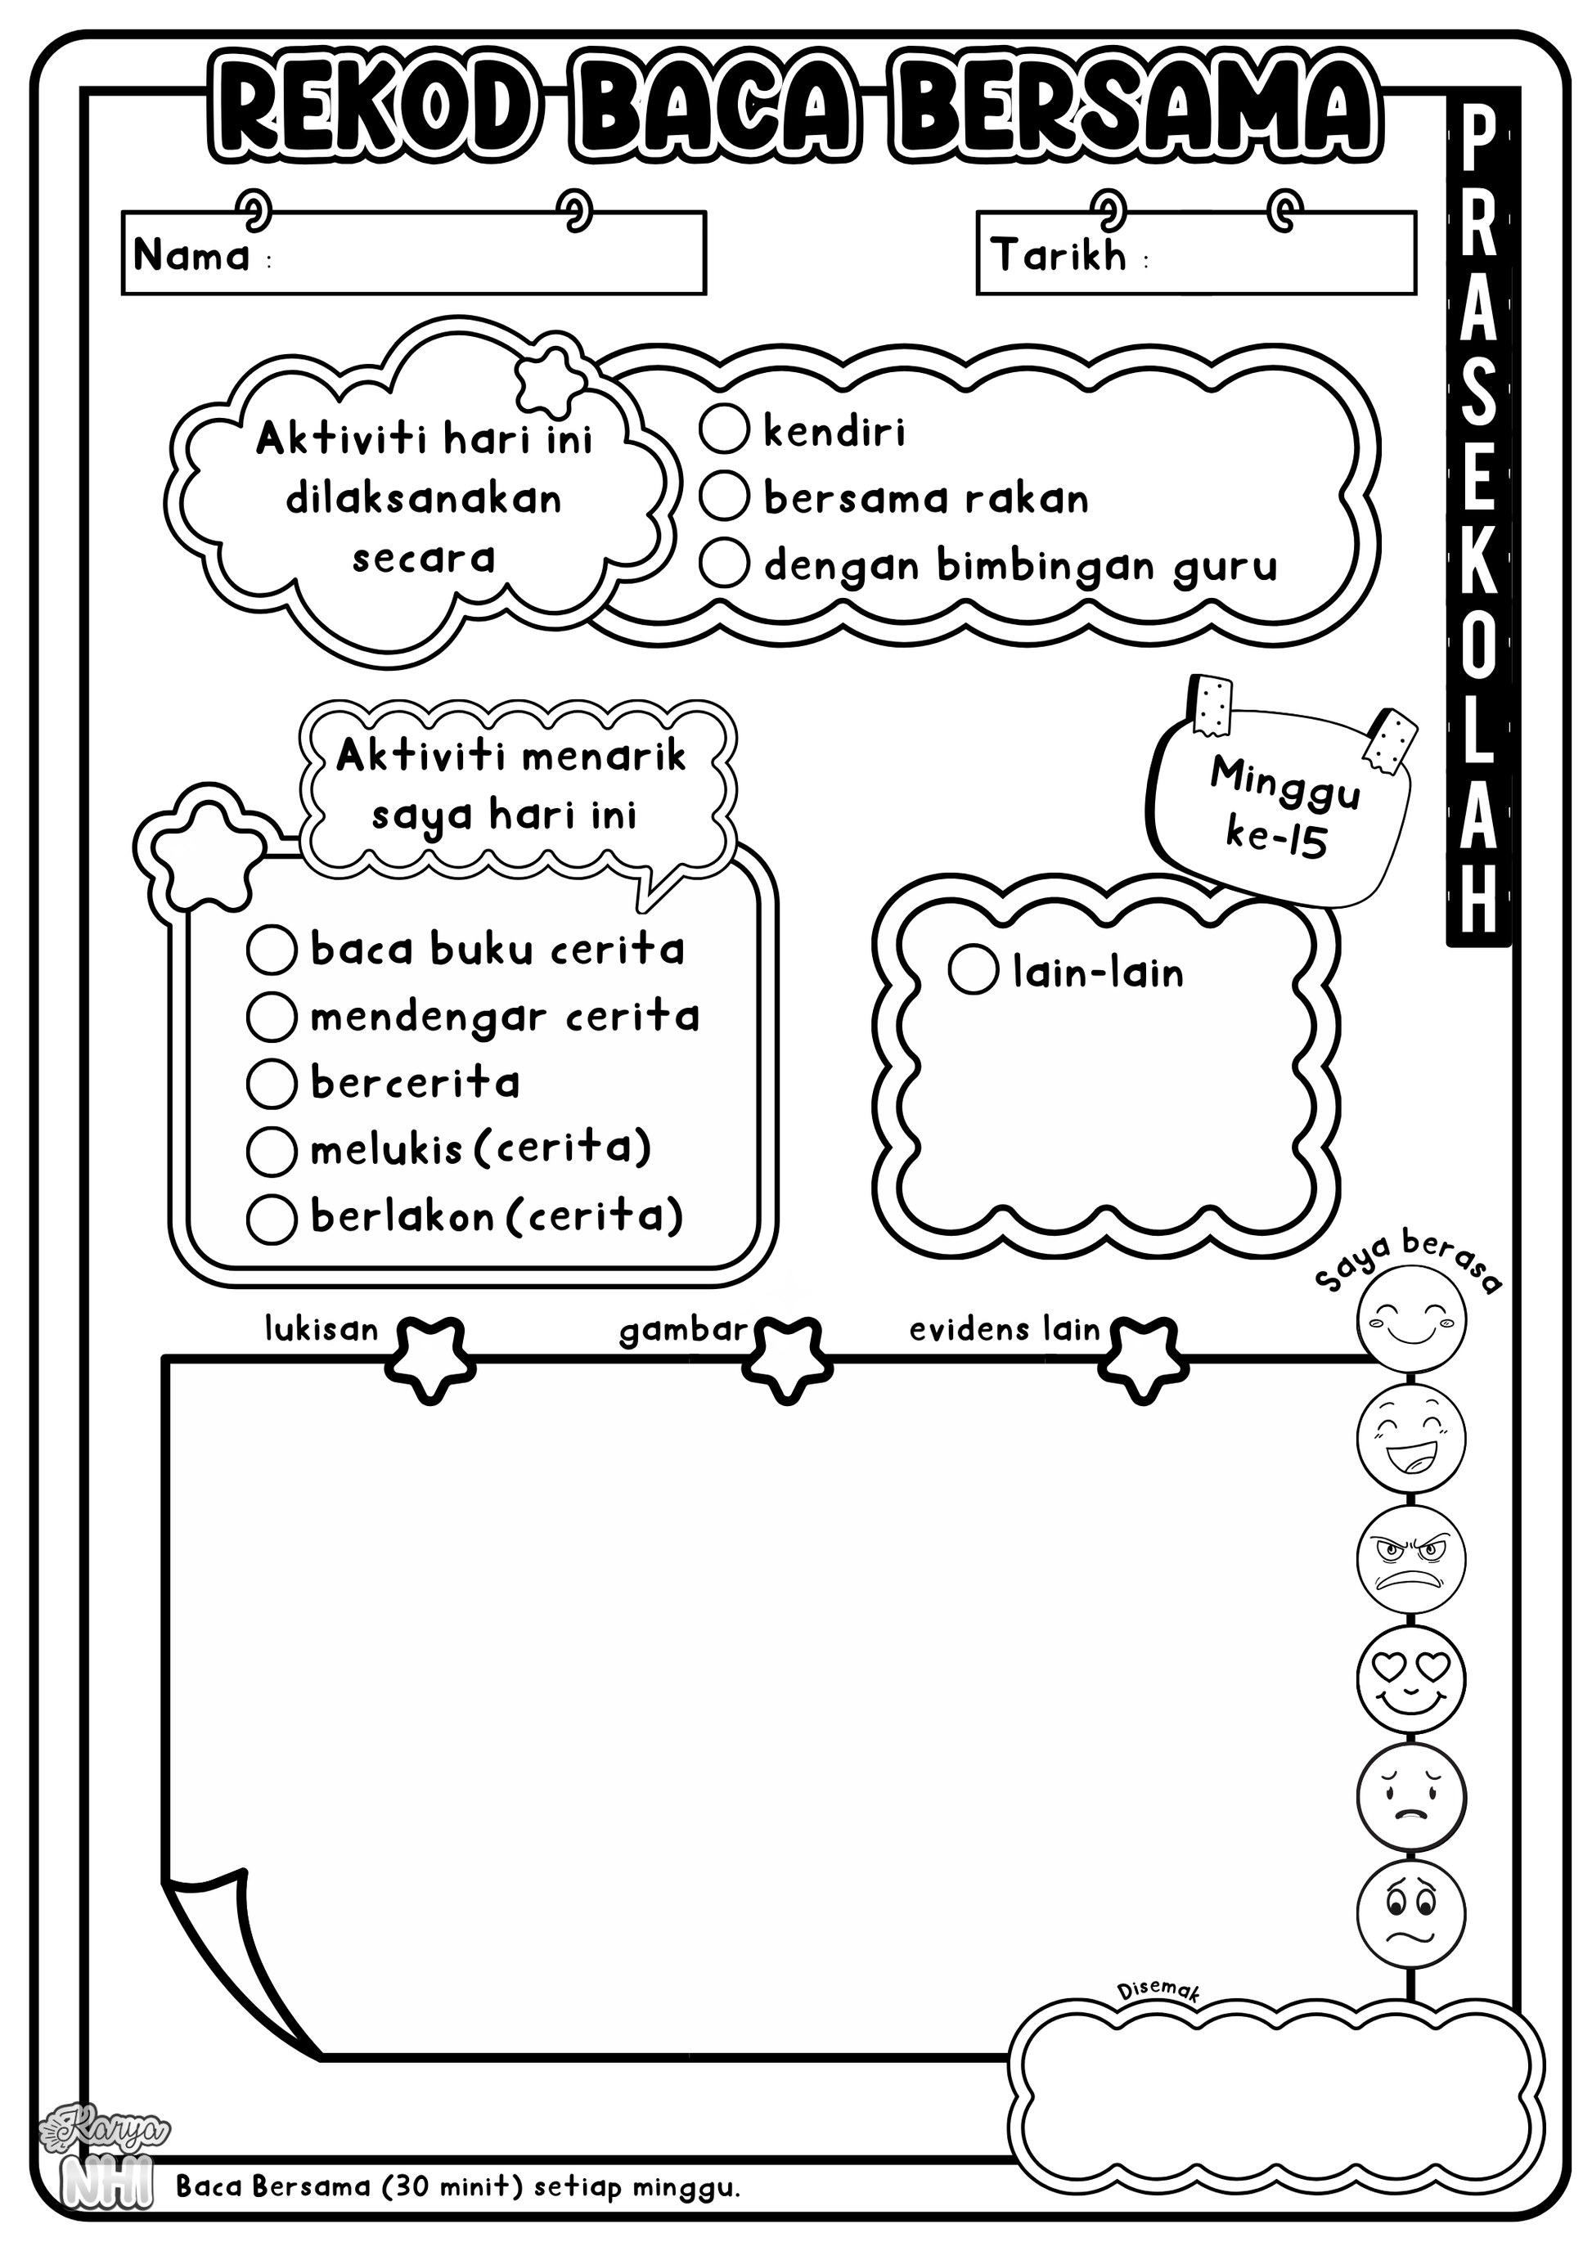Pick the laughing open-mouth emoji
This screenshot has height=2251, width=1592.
coord(1412,1437)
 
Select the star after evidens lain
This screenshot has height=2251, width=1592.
coord(1139,1359)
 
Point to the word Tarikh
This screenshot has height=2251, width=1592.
coord(1059,255)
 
